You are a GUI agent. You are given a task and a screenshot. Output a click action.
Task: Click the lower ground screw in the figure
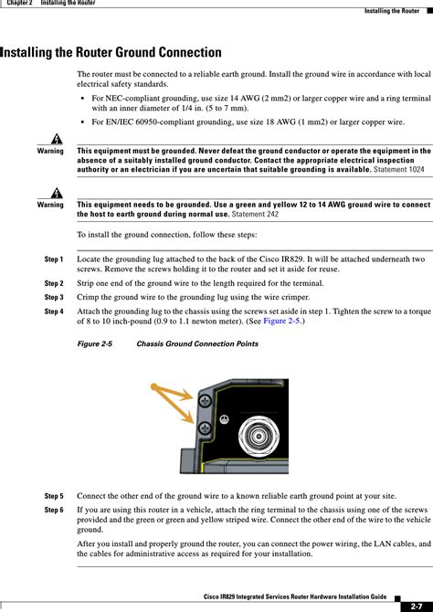pos(206,427)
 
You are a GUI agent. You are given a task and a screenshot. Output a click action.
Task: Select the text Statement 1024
pos(402,169)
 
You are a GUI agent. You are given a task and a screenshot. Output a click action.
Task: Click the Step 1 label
pos(53,260)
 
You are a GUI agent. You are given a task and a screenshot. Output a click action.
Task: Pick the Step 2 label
pos(53,284)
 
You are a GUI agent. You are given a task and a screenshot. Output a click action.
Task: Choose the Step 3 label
pos(53,298)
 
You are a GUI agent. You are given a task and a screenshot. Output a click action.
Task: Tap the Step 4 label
pos(53,311)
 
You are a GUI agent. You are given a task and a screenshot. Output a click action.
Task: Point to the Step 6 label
pos(53,509)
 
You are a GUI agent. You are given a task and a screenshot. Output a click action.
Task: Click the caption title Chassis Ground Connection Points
pos(196,344)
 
